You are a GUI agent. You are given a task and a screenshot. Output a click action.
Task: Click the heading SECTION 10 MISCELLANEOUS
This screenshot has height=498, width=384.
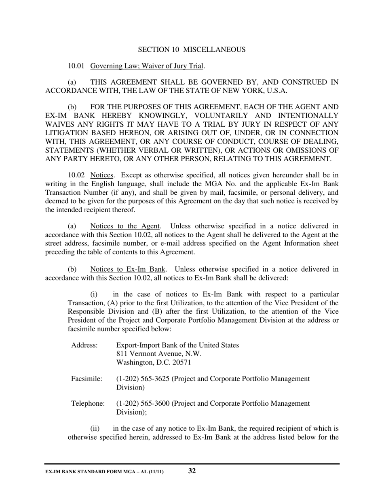coord(192,49)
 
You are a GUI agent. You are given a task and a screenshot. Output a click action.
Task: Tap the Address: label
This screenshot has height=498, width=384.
coord(84,345)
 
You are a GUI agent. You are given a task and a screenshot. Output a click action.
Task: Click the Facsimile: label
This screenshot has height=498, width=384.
coord(87,379)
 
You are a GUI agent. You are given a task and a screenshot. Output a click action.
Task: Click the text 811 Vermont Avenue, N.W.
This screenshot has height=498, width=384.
coord(158,353)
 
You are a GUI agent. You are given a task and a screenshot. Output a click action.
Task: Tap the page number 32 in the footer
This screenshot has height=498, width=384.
coord(192,471)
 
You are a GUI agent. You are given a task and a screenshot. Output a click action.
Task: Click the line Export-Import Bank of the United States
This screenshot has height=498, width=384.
coord(177,345)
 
